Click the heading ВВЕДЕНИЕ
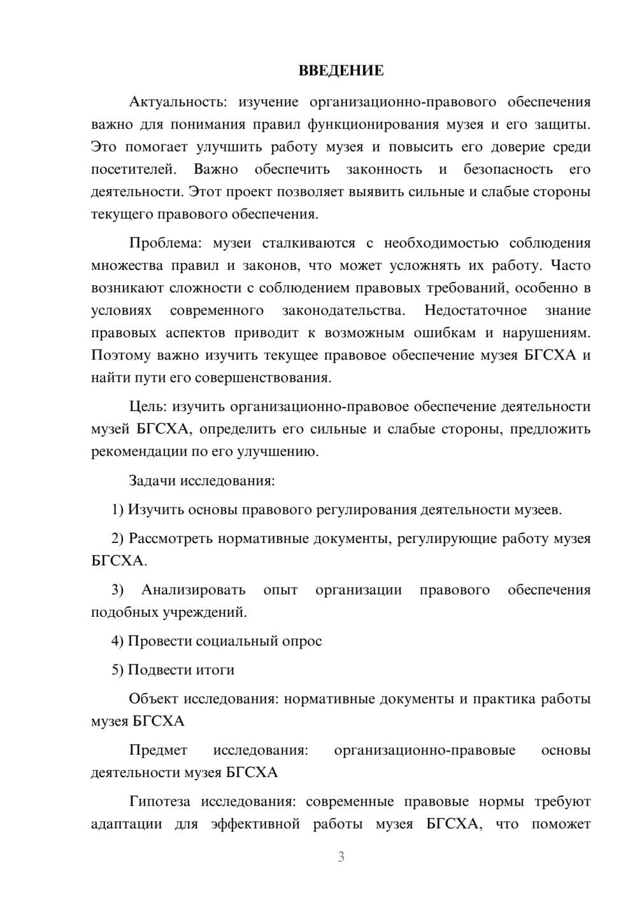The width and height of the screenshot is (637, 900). tap(341, 71)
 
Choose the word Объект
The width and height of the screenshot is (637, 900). tap(154, 699)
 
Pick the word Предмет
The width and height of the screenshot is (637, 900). tap(158, 750)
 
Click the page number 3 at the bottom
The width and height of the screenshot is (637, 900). tap(341, 857)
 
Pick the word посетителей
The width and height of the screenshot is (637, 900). tap(133, 169)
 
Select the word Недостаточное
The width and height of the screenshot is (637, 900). tap(475, 311)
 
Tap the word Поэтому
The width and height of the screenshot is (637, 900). tap(120, 355)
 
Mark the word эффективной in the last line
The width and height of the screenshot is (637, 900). tap(255, 824)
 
